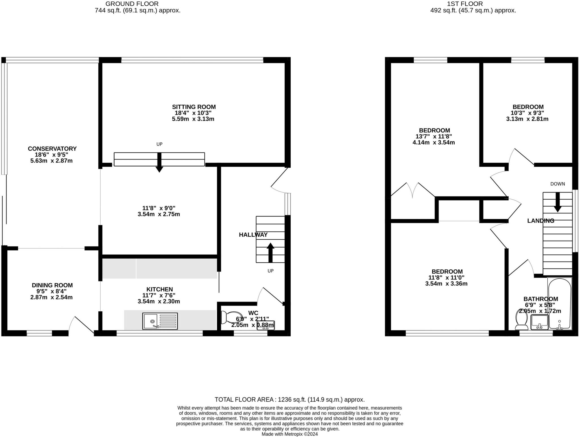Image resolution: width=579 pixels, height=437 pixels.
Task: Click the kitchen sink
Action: click(160, 321)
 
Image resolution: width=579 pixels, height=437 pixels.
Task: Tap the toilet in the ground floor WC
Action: click(231, 317)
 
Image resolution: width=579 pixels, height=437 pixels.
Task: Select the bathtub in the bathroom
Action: click(559, 304)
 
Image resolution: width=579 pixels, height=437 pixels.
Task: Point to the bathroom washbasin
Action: click(539, 322)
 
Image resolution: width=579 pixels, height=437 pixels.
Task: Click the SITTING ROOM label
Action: click(194, 107)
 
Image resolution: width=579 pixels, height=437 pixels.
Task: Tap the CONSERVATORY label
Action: click(52, 149)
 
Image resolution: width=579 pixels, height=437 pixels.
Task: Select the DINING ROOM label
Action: click(52, 285)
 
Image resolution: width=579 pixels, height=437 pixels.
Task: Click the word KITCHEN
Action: click(159, 289)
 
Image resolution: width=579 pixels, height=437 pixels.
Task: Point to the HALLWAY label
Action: click(253, 235)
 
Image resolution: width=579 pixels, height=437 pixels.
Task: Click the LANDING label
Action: click(541, 221)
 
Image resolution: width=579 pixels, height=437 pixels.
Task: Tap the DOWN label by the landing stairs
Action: click(558, 184)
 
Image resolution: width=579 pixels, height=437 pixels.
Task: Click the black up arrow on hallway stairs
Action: click(270, 252)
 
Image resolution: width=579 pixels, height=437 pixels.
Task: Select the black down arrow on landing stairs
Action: click(558, 202)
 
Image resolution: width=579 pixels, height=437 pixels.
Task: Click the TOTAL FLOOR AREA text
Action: click(289, 399)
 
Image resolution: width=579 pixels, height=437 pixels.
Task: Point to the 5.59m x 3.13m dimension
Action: click(193, 119)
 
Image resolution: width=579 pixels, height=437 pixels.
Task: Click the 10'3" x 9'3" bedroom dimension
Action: click(528, 113)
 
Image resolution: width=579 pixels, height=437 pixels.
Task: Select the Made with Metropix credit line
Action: click(289, 434)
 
